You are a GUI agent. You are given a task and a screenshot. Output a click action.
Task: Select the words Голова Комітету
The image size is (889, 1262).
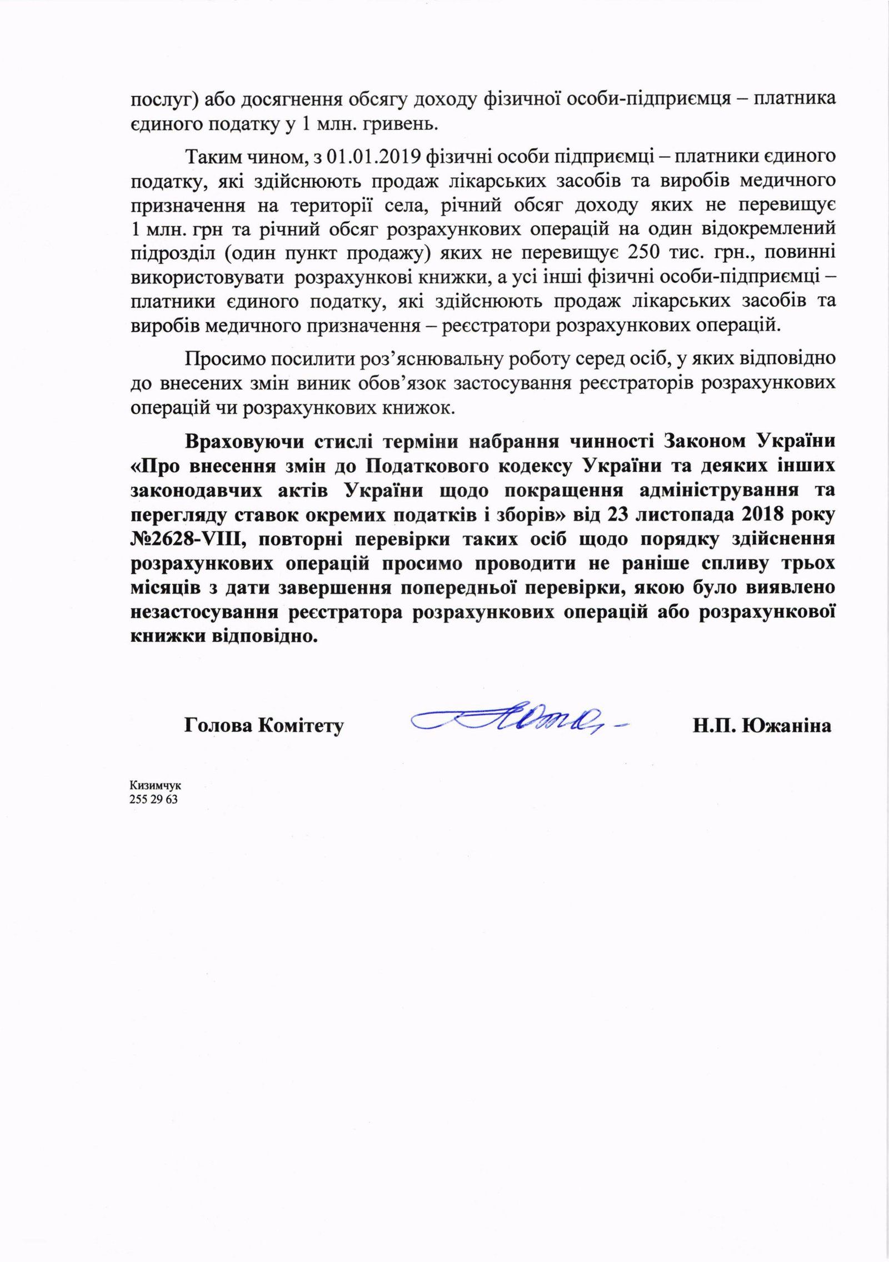pos(263,726)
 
